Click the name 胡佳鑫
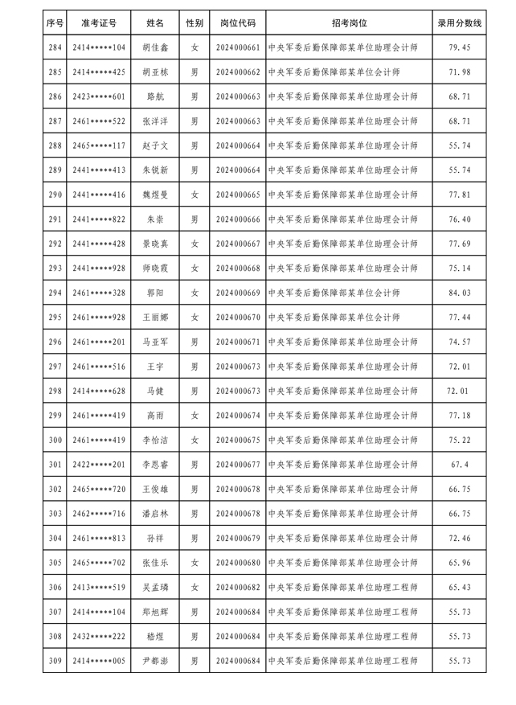156,48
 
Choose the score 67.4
461,465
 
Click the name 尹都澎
156,661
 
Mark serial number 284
55,48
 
